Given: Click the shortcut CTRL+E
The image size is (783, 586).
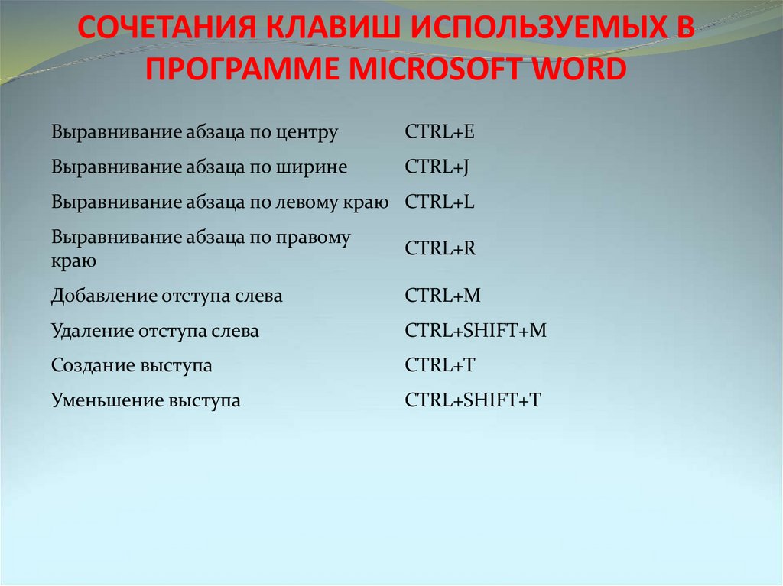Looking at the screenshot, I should tap(440, 132).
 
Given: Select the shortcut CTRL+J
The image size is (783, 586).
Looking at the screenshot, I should tap(437, 167).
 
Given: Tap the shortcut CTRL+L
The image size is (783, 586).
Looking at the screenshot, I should tap(440, 202).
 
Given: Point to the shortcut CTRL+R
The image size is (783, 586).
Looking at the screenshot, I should tap(440, 249).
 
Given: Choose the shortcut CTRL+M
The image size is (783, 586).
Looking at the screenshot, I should tap(443, 296).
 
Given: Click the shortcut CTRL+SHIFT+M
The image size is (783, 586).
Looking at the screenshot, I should tap(476, 332).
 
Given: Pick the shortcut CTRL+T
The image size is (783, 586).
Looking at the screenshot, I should tap(440, 366).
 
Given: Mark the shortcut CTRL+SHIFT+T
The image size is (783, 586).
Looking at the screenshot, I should tap(473, 400).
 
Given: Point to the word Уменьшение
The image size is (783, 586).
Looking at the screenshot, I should tap(106, 400).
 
